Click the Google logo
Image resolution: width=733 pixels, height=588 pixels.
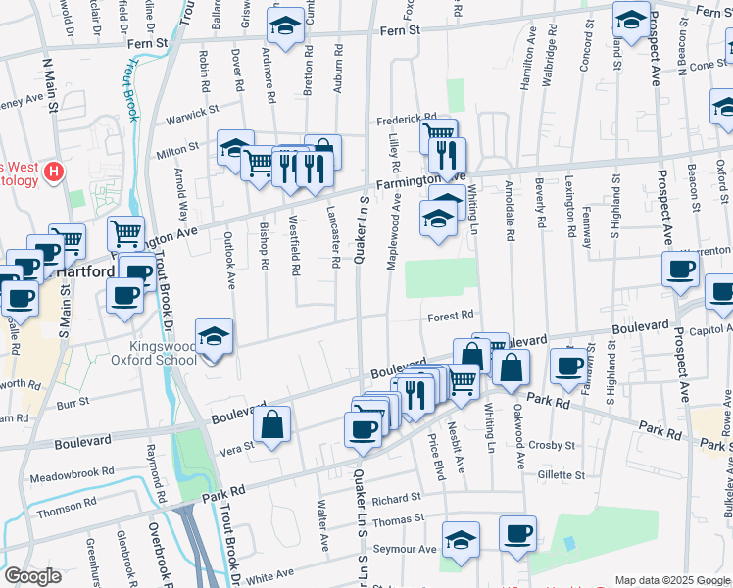point(32,576)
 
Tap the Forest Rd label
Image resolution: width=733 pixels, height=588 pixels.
point(452,315)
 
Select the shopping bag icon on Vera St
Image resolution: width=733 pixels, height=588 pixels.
point(273,425)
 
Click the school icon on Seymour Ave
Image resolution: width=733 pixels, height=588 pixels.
point(460,541)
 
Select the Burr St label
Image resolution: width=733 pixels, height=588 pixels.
point(73,401)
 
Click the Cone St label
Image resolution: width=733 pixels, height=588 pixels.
point(708,65)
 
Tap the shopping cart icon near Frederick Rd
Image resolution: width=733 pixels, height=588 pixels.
point(439,134)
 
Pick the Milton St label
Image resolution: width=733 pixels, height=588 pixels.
point(179,147)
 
